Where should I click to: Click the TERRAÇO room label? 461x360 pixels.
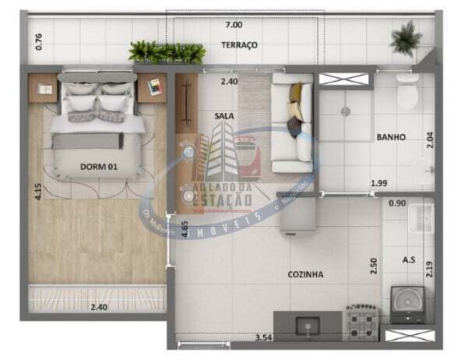point(239,45)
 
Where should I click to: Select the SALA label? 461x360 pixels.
point(224,115)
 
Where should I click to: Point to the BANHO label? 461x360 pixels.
point(391,136)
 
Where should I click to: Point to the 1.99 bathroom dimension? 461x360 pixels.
point(379,184)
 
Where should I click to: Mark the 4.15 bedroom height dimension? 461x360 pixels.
point(37,192)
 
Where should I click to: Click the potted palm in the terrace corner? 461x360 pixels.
point(406,36)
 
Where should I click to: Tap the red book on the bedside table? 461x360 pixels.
point(153,84)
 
